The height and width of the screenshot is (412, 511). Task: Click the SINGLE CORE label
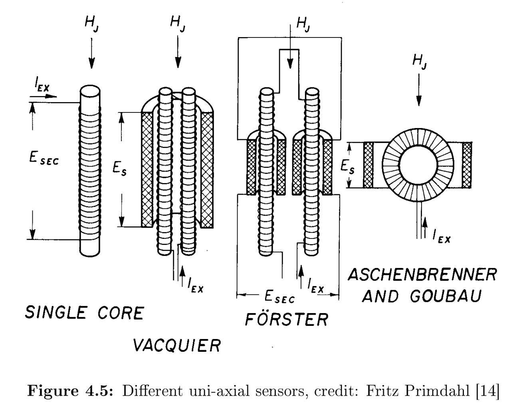pos(84,313)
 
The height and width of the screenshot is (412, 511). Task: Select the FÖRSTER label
pos(287,319)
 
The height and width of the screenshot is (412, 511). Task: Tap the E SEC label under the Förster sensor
pos(279,297)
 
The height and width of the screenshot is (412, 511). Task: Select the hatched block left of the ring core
pos(368,165)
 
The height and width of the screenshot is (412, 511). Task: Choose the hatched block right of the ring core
pos(467,165)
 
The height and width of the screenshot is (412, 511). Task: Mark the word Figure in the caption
pos(51,390)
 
